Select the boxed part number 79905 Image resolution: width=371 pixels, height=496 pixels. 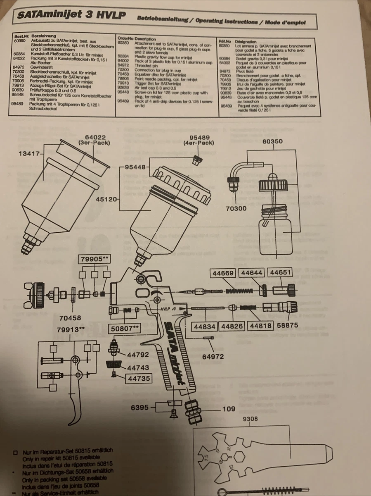pos(94,259)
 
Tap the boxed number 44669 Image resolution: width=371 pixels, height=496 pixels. pos(224,273)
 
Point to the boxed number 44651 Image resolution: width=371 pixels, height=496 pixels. pos(281,273)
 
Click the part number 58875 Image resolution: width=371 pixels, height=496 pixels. pos(287,325)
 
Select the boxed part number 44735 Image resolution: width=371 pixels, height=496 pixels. pos(139,378)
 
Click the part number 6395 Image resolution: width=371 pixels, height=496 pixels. pos(139,408)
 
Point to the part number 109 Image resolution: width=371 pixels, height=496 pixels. pos(229,409)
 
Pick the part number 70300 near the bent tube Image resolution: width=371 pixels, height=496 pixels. pos(236,208)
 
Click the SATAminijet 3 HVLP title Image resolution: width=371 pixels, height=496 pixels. pos(71,16)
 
